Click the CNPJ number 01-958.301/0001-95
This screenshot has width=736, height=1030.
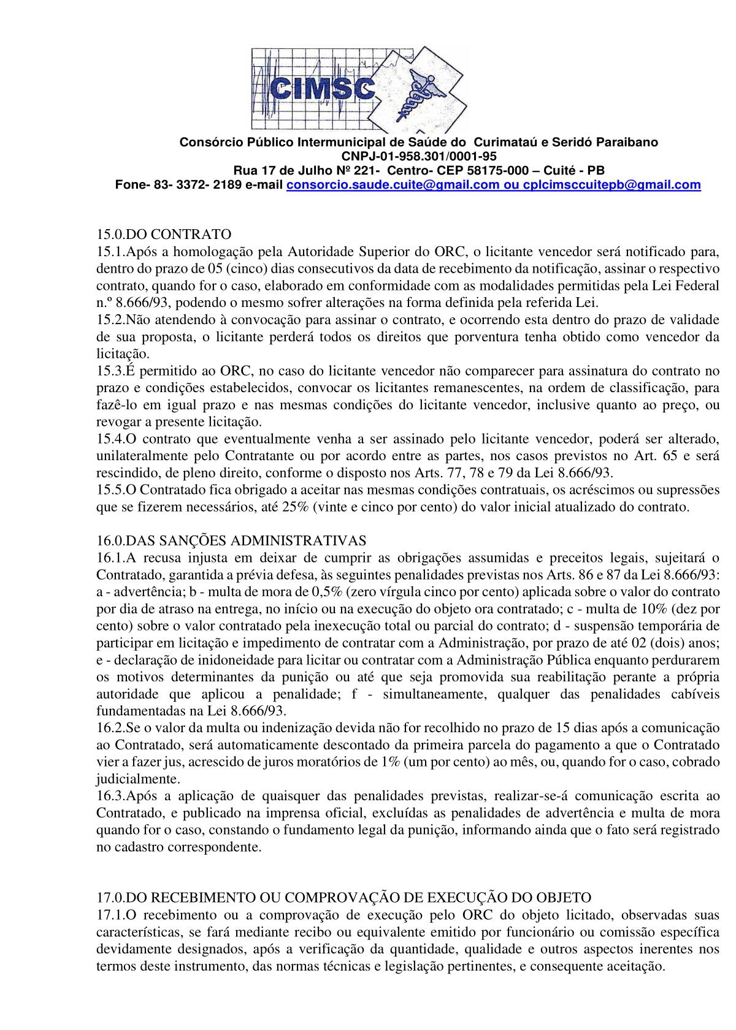point(419,156)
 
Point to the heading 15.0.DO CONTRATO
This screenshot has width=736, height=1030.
point(163,234)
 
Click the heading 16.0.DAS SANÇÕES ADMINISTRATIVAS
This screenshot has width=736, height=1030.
point(231,540)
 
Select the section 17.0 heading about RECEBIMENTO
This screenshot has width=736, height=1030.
point(343,898)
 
